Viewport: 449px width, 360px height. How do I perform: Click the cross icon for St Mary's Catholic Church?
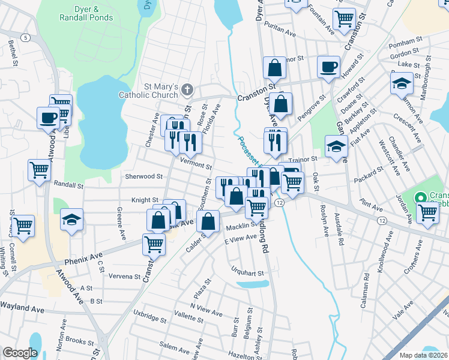187,90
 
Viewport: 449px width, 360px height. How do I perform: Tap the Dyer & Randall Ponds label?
85,14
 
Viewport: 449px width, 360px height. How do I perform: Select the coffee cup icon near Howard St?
328,67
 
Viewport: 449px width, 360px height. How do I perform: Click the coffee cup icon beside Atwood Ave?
47,117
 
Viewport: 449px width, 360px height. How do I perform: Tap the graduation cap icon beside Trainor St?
336,145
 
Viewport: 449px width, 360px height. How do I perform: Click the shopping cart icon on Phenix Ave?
154,244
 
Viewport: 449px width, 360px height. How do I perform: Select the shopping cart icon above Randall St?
39,170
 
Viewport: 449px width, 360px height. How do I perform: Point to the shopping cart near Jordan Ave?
427,212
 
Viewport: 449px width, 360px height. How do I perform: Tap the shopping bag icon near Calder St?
208,221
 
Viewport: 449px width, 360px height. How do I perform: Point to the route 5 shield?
25,38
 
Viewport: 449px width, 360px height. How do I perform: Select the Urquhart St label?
248,273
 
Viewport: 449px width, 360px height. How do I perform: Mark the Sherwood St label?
144,176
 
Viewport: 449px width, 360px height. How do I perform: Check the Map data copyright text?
423,355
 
